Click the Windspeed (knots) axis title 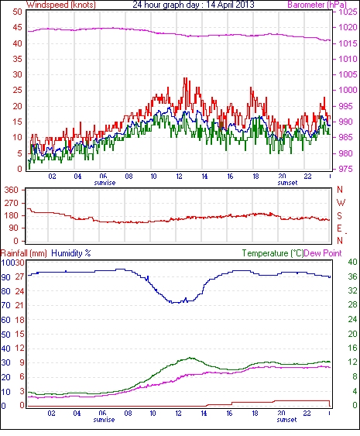[61, 5]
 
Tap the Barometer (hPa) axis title [317, 5]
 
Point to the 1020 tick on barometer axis [348, 28]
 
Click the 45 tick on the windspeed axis [17, 28]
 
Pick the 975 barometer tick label [346, 169]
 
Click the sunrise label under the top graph [105, 183]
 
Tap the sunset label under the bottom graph [286, 420]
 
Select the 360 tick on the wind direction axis [11, 191]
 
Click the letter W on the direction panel [341, 203]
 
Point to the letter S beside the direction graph [339, 216]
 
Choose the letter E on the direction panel [339, 228]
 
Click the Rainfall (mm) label [24, 253]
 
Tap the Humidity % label [71, 253]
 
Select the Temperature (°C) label [273, 253]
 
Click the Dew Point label [323, 253]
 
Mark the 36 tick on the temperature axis [352, 276]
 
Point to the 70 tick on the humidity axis [6, 306]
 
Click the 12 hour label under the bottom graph [178, 414]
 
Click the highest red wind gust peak [186, 78]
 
